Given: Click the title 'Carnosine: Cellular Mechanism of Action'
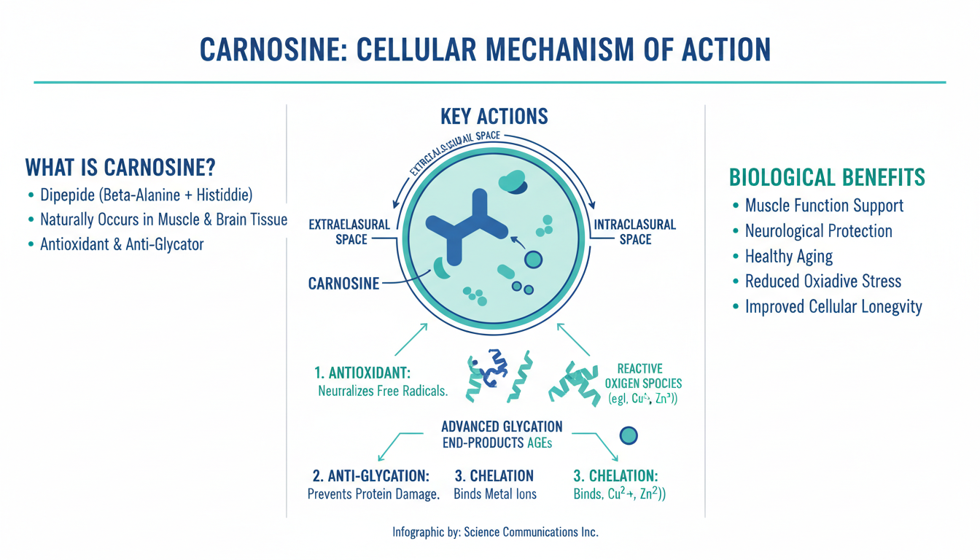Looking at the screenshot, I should (485, 50).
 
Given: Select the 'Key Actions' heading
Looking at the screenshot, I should (494, 116).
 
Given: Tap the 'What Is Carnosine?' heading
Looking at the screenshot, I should (120, 168).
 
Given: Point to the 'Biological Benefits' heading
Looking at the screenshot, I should (827, 177).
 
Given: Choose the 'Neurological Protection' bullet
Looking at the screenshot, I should (818, 231).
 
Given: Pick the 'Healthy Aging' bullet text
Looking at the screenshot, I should (788, 257).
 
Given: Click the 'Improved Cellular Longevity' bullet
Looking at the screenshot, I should (833, 307).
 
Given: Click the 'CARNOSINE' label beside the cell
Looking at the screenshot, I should (343, 284).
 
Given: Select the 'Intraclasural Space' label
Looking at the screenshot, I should (635, 232).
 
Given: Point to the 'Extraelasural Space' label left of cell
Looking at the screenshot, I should (351, 231).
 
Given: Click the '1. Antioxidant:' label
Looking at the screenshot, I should (362, 373).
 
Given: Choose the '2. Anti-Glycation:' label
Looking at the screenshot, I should (370, 476).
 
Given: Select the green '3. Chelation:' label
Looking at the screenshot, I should (615, 476).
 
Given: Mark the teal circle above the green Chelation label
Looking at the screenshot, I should (628, 436).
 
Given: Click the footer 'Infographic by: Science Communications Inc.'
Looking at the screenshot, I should (495, 532).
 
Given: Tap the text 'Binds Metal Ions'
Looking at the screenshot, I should (494, 494).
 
